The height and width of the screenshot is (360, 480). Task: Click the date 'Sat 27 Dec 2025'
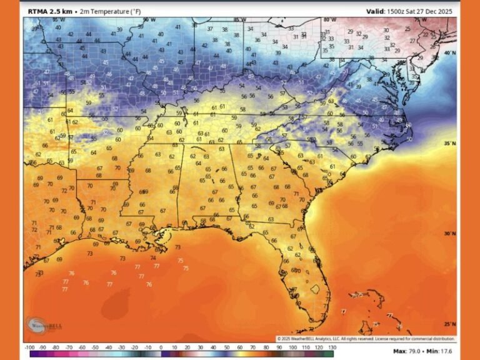pos(434,11)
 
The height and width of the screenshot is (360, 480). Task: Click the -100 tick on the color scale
pos(29,347)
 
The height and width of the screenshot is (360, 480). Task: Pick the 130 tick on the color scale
pos(332,347)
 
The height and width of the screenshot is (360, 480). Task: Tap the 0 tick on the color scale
pos(161,347)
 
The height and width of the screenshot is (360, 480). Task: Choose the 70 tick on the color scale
pos(253,347)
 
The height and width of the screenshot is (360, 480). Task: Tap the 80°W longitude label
pos(331,20)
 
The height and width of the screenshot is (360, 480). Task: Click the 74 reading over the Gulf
pos(153,258)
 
